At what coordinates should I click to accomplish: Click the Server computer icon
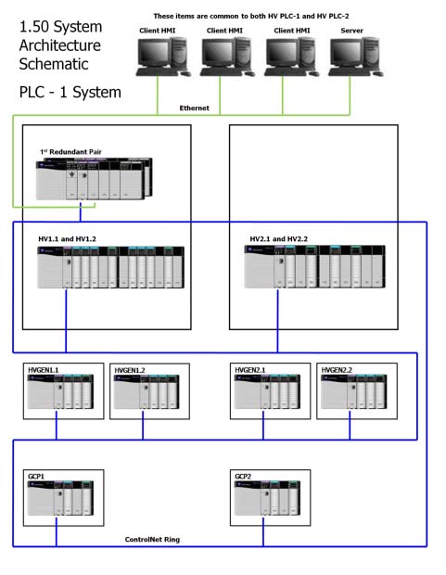click(355, 57)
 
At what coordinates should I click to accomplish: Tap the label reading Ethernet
click(194, 108)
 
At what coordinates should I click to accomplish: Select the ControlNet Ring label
click(152, 540)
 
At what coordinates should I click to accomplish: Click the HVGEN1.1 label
click(44, 370)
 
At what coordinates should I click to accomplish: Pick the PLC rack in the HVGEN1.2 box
click(147, 391)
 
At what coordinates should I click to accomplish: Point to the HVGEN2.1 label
click(250, 370)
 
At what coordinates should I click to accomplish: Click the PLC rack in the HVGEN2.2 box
click(353, 391)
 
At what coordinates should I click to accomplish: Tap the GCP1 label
click(36, 477)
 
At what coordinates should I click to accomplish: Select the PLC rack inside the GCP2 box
click(267, 498)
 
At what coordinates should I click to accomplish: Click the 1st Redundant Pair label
click(70, 152)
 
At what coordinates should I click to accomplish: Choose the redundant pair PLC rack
click(94, 179)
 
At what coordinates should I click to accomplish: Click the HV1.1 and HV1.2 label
click(67, 239)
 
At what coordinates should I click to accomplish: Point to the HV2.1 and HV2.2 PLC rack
click(314, 266)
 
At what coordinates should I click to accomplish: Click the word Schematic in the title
click(54, 64)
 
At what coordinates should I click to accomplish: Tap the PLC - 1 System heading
click(70, 92)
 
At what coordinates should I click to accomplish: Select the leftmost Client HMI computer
click(163, 57)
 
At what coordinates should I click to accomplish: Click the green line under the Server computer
click(350, 96)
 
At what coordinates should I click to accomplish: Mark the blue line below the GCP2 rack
click(263, 531)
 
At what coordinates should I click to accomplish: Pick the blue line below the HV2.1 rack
click(277, 321)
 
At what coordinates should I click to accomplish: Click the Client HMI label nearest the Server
click(292, 31)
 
